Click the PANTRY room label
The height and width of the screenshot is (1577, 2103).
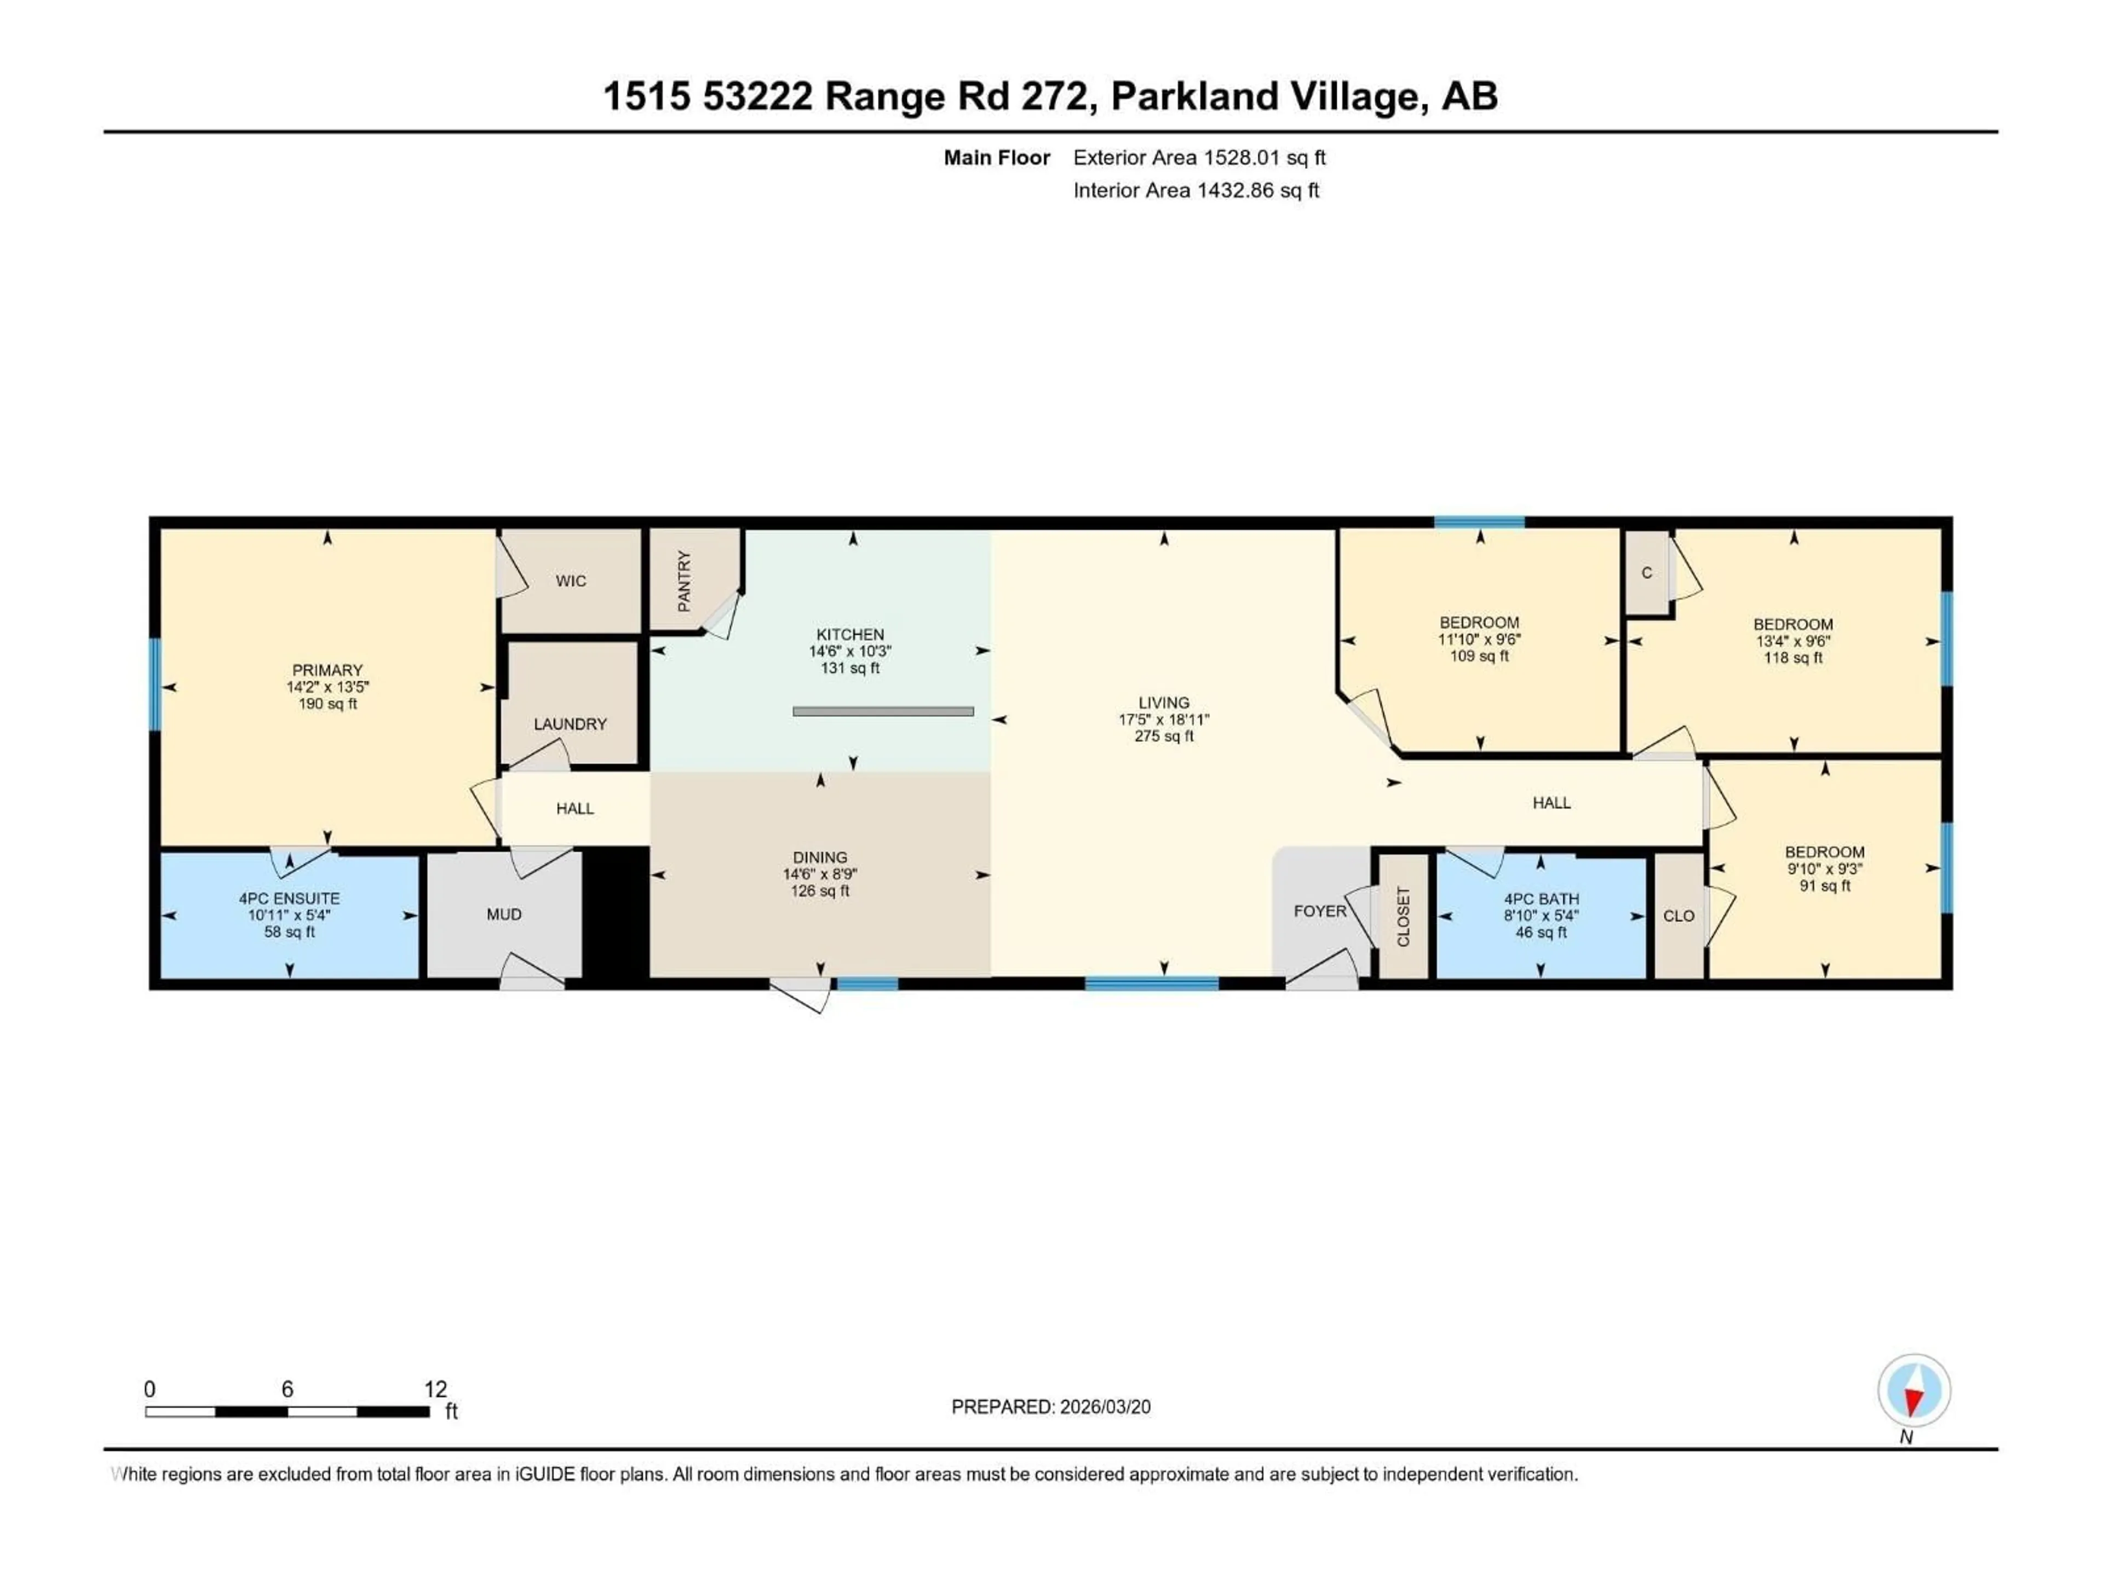click(683, 581)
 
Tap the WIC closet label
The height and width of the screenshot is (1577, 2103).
click(571, 581)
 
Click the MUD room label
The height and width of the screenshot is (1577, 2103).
click(504, 914)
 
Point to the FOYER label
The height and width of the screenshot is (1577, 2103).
click(1320, 911)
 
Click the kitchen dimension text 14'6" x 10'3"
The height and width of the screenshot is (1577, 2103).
click(850, 651)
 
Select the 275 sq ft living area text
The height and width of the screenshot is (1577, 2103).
click(1164, 736)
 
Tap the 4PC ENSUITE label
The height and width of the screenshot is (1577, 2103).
click(289, 899)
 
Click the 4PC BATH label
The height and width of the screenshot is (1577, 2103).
click(1541, 899)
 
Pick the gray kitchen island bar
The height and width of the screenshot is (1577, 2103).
click(883, 711)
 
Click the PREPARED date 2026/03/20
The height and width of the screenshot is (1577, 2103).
click(1104, 1407)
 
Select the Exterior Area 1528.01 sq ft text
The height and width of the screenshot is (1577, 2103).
click(1199, 158)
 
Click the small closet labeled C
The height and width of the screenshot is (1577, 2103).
click(1647, 573)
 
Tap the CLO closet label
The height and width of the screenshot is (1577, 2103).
click(1679, 916)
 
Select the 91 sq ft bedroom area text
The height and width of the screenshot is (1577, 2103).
click(1824, 886)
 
